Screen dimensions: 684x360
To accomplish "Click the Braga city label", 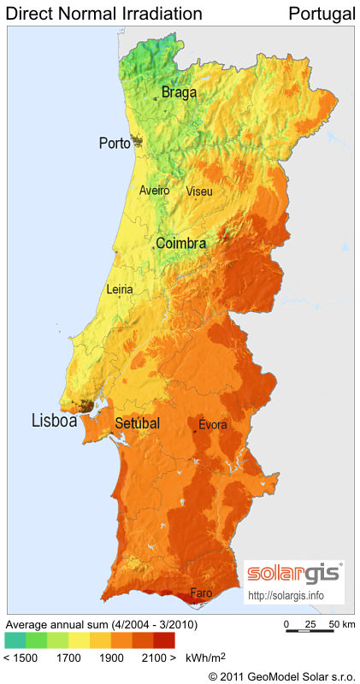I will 179,92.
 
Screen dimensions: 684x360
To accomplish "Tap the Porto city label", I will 115,143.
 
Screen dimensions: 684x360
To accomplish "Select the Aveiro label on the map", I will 155,191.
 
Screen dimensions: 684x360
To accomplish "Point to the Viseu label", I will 199,191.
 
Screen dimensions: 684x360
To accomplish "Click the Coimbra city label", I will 180,244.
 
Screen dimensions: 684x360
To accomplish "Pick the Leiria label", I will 120,290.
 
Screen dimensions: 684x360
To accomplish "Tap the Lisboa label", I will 55,421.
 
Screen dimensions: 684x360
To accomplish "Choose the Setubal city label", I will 137,422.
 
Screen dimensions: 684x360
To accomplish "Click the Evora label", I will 213,425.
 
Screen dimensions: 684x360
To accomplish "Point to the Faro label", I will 201,593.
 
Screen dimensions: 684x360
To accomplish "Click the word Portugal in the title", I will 322,14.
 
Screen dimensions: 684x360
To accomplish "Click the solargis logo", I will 293,573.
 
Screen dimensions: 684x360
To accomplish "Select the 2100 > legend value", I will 157,658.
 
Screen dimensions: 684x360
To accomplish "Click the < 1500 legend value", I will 20,658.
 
